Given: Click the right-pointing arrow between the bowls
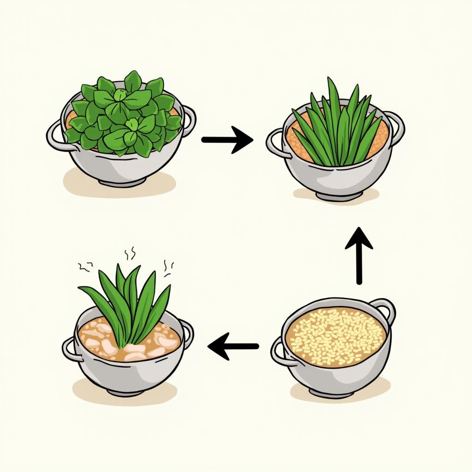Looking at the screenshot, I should click(227, 139).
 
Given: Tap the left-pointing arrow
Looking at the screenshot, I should click(233, 346).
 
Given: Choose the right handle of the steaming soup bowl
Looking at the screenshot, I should click(187, 332).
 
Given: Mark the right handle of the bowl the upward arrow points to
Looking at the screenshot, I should click(396, 123).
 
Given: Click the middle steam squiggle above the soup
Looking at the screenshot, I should click(130, 253).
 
